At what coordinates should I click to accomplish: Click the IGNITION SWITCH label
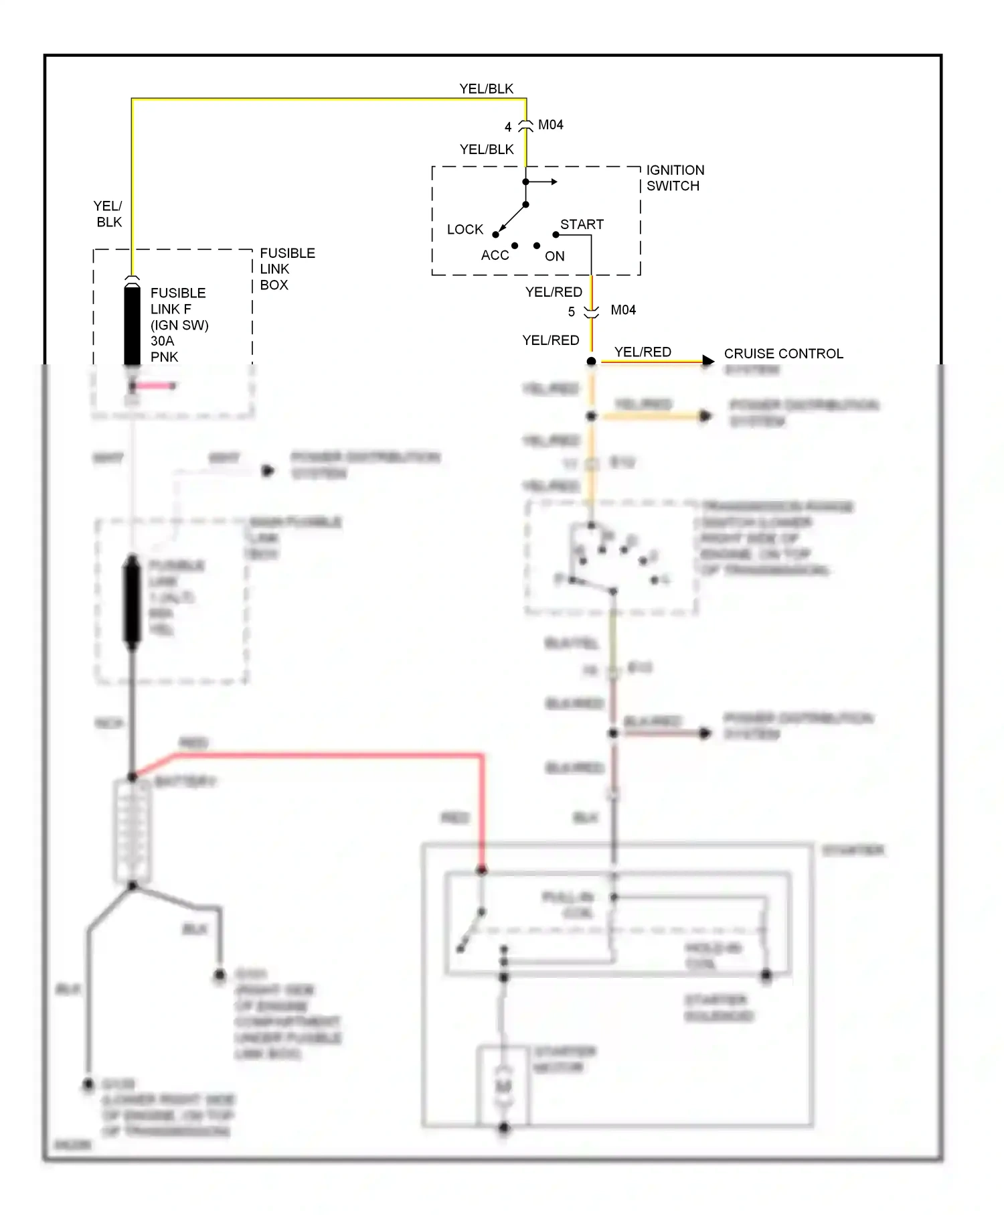674,178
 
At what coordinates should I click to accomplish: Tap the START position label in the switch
582,224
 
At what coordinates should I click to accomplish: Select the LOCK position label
465,230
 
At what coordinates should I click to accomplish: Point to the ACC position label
495,255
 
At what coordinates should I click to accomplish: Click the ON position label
554,256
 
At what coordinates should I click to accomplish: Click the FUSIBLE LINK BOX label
286,269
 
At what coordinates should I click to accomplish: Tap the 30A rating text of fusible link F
162,341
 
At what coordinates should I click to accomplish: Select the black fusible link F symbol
133,325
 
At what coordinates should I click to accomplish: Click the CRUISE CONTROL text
783,354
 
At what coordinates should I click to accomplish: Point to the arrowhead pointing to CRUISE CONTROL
708,362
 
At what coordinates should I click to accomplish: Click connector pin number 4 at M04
508,127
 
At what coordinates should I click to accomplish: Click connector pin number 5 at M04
571,312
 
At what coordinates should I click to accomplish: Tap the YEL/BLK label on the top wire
486,89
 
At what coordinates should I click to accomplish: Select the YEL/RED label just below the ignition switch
554,292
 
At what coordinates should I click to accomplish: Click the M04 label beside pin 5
622,310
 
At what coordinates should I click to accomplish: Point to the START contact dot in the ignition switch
556,234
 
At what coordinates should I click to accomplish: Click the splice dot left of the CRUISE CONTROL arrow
591,362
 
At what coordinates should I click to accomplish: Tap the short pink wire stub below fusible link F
154,386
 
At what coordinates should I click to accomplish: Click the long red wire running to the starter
335,756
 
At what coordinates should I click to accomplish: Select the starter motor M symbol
503,1086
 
